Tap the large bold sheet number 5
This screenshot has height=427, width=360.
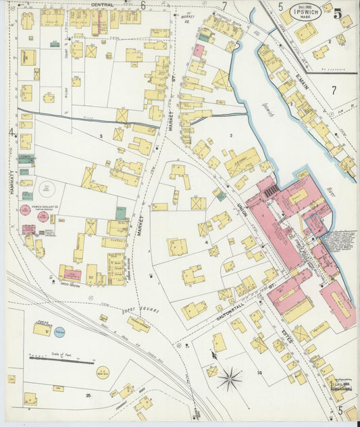(x=337, y=14)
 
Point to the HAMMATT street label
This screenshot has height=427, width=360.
(x=11, y=182)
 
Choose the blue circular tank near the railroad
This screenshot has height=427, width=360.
(x=59, y=332)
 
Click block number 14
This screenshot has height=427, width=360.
(x=259, y=372)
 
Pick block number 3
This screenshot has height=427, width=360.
(x=101, y=136)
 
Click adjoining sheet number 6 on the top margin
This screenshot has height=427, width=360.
(x=143, y=5)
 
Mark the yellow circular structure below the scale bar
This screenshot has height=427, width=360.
(x=103, y=372)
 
